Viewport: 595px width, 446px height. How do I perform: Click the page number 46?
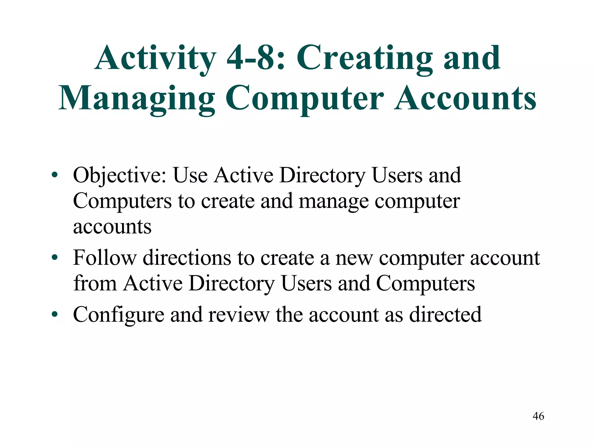click(x=538, y=416)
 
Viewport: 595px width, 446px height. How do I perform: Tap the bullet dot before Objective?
click(x=54, y=175)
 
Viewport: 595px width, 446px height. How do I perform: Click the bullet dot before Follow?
click(x=54, y=258)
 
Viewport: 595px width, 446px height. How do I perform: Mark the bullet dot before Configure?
click(x=54, y=315)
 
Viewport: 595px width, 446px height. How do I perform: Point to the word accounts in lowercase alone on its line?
click(x=112, y=227)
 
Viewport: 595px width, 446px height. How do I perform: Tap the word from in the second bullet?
click(x=95, y=283)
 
